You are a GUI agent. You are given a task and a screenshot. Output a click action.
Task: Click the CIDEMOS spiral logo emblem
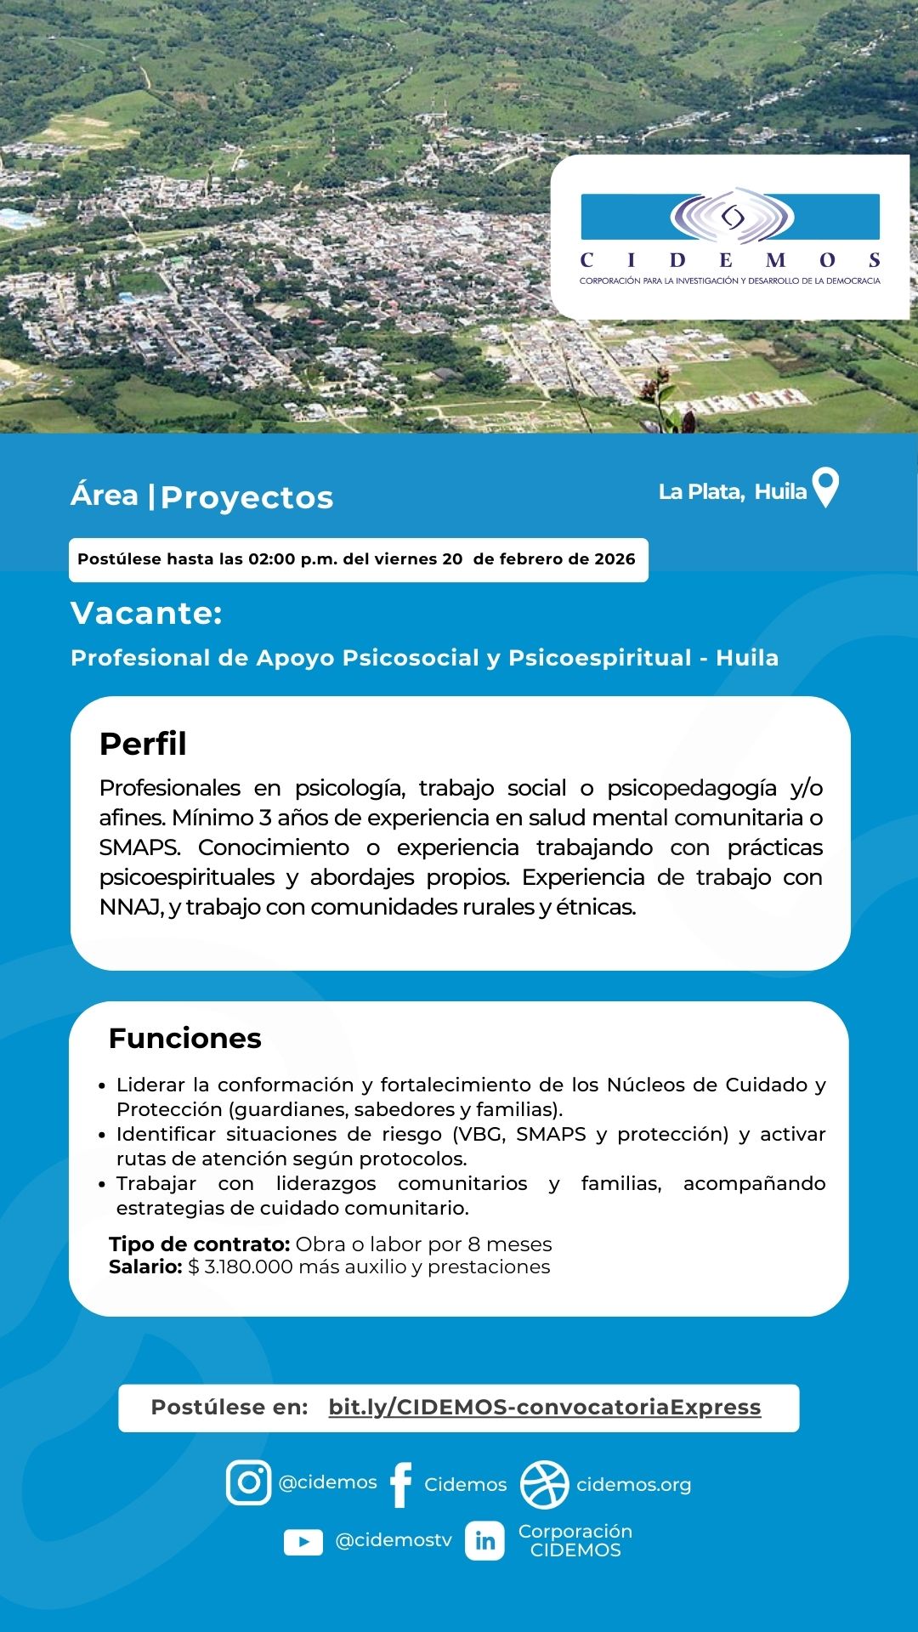pyautogui.click(x=732, y=217)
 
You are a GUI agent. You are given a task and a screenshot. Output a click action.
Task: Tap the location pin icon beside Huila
pyautogui.click(x=825, y=487)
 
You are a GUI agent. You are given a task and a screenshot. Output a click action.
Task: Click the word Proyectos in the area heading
pyautogui.click(x=246, y=498)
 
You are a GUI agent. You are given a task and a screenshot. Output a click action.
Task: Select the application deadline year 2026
pyautogui.click(x=615, y=559)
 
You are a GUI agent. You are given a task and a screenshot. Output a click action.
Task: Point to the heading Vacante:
pyautogui.click(x=146, y=613)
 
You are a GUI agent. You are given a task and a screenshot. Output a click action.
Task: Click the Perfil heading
pyautogui.click(x=143, y=744)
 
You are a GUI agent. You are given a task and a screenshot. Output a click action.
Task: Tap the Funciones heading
pyautogui.click(x=184, y=1039)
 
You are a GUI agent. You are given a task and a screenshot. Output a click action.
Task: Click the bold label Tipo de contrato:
pyautogui.click(x=200, y=1244)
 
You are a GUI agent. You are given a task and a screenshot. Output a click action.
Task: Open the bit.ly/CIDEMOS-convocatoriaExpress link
pyautogui.click(x=544, y=1408)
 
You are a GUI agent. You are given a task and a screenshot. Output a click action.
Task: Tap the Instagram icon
pyautogui.click(x=248, y=1482)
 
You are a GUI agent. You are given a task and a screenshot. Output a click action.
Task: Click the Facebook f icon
pyautogui.click(x=400, y=1485)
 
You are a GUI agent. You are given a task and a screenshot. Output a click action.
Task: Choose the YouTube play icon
pyautogui.click(x=303, y=1542)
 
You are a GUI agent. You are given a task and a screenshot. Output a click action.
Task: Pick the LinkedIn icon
pyautogui.click(x=484, y=1541)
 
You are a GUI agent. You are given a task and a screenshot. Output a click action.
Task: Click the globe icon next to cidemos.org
pyautogui.click(x=544, y=1484)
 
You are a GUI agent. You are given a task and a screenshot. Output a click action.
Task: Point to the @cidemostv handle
pyautogui.click(x=394, y=1541)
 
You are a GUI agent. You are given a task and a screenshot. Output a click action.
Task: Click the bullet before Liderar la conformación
pyautogui.click(x=102, y=1086)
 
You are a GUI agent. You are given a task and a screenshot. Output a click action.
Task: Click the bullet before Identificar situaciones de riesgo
pyautogui.click(x=102, y=1136)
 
